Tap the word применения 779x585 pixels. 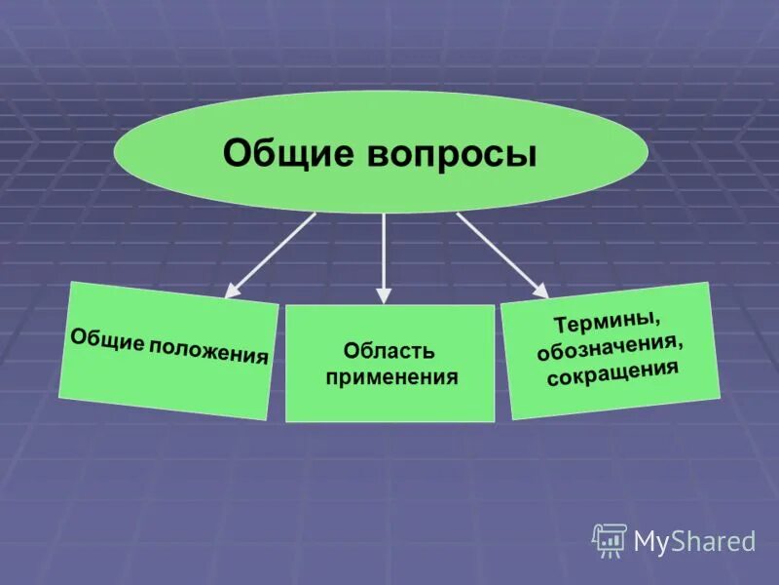[391, 376]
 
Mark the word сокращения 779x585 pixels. [612, 371]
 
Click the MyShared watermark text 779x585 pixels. [694, 540]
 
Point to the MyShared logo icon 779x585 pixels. [610, 539]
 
